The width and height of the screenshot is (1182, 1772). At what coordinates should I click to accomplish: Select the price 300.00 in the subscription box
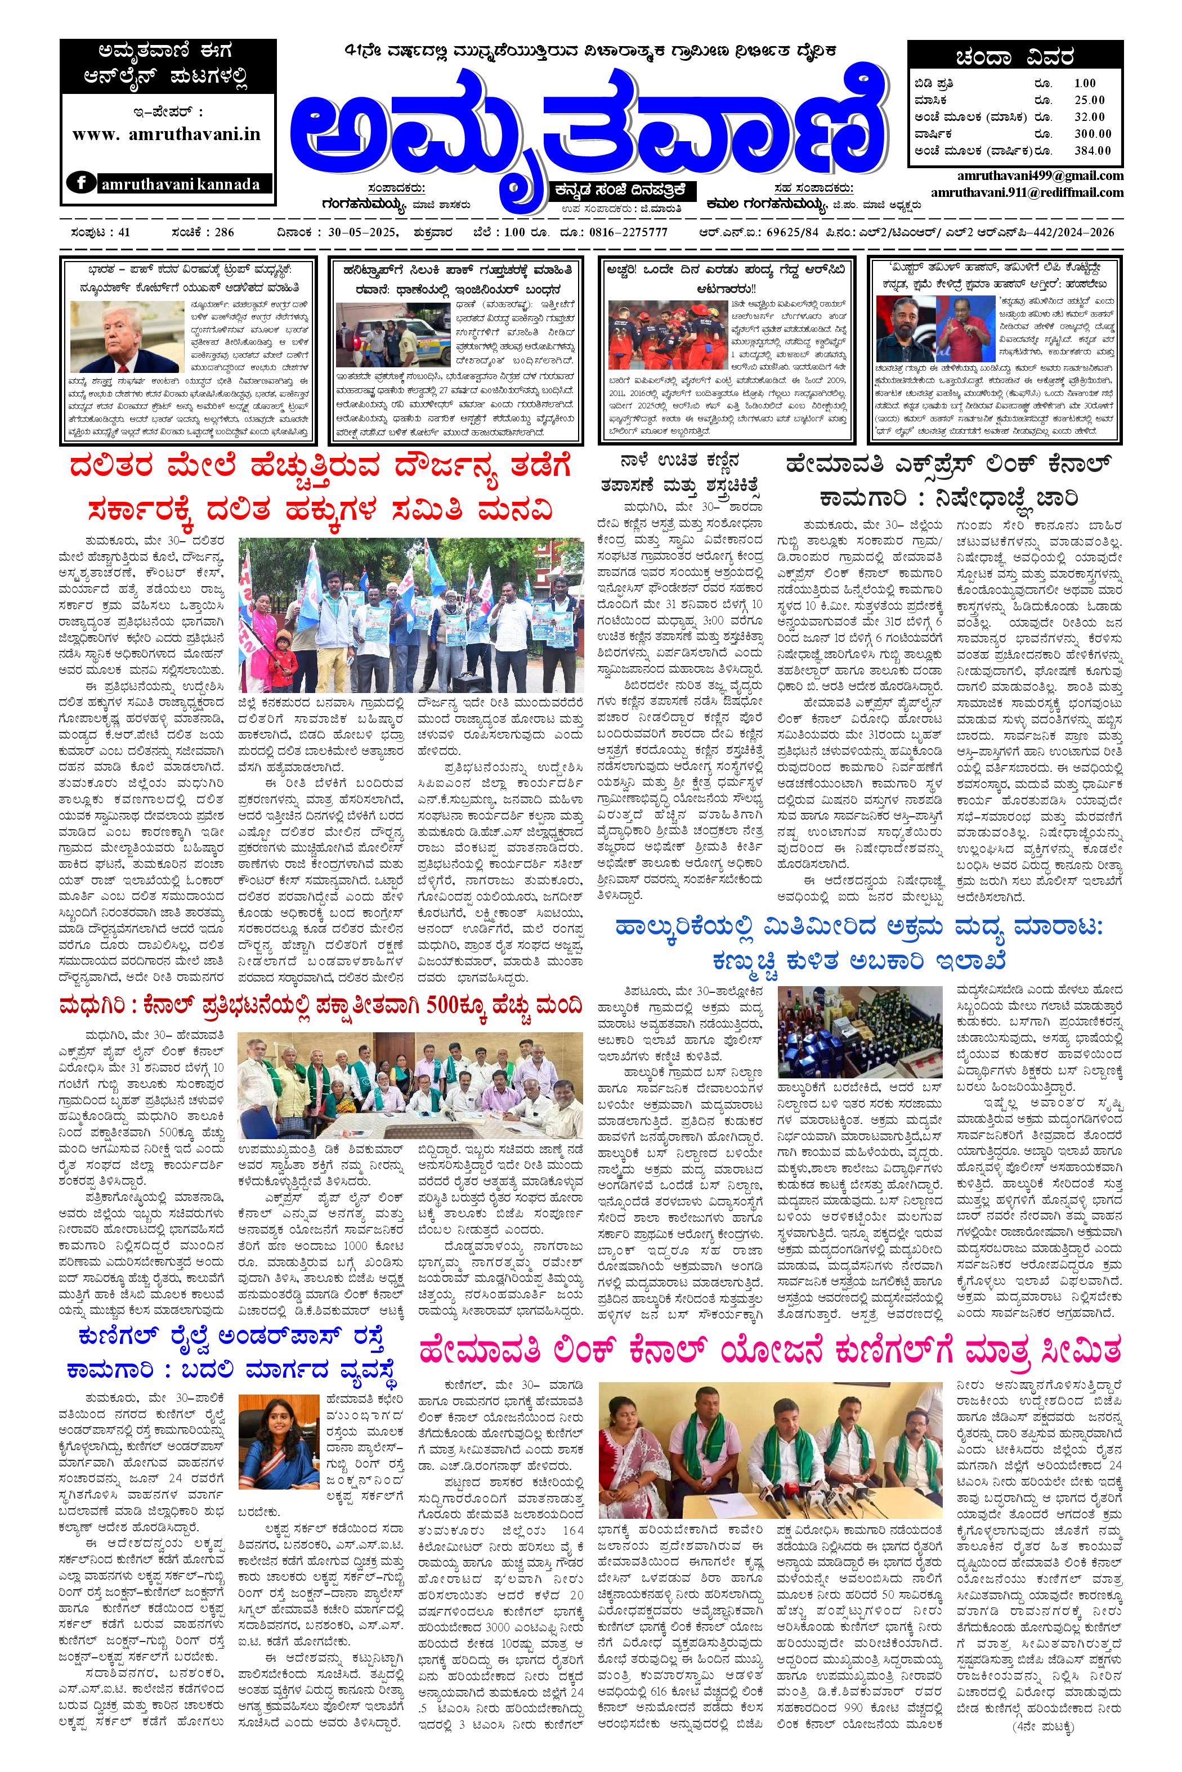tap(1093, 133)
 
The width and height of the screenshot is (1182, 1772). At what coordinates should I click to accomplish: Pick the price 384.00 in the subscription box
tap(1093, 150)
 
